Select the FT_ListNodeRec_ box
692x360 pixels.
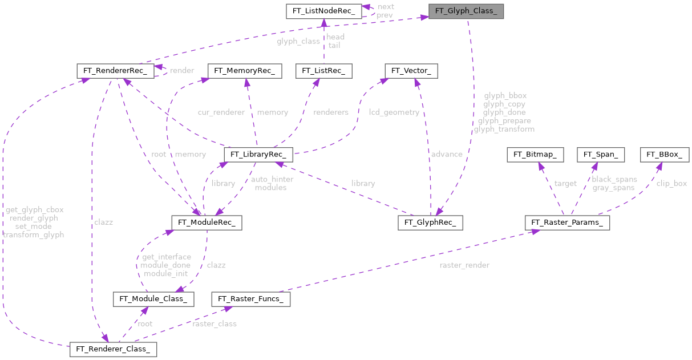[x=322, y=11]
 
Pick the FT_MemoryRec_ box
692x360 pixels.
[x=245, y=71]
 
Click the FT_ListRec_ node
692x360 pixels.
[x=323, y=71]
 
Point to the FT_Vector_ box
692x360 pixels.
[x=411, y=71]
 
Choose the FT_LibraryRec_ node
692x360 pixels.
[x=258, y=155]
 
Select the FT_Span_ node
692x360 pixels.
[x=601, y=154]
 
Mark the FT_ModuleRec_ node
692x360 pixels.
[x=207, y=222]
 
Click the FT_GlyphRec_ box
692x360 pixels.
[x=430, y=222]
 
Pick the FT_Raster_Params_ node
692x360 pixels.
[x=567, y=222]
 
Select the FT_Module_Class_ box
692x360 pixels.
[x=153, y=298]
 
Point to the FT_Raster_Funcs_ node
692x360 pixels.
[x=251, y=298]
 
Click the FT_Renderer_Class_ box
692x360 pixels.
[x=113, y=349]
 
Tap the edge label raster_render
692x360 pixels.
[x=464, y=265]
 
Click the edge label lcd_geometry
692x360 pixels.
[x=394, y=112]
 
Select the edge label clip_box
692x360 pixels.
[x=671, y=184]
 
